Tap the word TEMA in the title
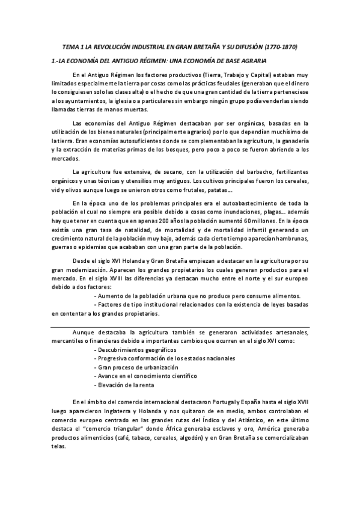[72, 46]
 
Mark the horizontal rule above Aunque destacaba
[180, 325]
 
